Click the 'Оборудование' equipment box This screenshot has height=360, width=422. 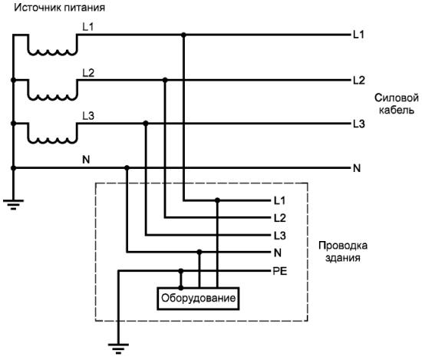198,299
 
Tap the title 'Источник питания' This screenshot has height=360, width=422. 59,7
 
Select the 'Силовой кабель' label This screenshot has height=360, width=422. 396,104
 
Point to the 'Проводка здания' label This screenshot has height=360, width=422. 343,251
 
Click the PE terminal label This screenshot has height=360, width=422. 280,271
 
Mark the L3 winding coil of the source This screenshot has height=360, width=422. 52,140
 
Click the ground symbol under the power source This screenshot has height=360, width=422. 13,204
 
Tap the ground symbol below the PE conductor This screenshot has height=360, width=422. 118,348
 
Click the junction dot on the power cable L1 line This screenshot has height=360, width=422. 183,35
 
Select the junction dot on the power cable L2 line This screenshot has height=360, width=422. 165,80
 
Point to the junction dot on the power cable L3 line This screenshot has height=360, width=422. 146,124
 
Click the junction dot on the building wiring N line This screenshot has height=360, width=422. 199,252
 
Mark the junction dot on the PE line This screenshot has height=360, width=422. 181,271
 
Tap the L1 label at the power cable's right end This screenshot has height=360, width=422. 358,35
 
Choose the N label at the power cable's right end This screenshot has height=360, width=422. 357,168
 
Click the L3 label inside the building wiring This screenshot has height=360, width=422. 279,236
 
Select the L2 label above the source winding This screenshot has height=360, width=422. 88,73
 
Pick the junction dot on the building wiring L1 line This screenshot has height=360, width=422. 217,200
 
